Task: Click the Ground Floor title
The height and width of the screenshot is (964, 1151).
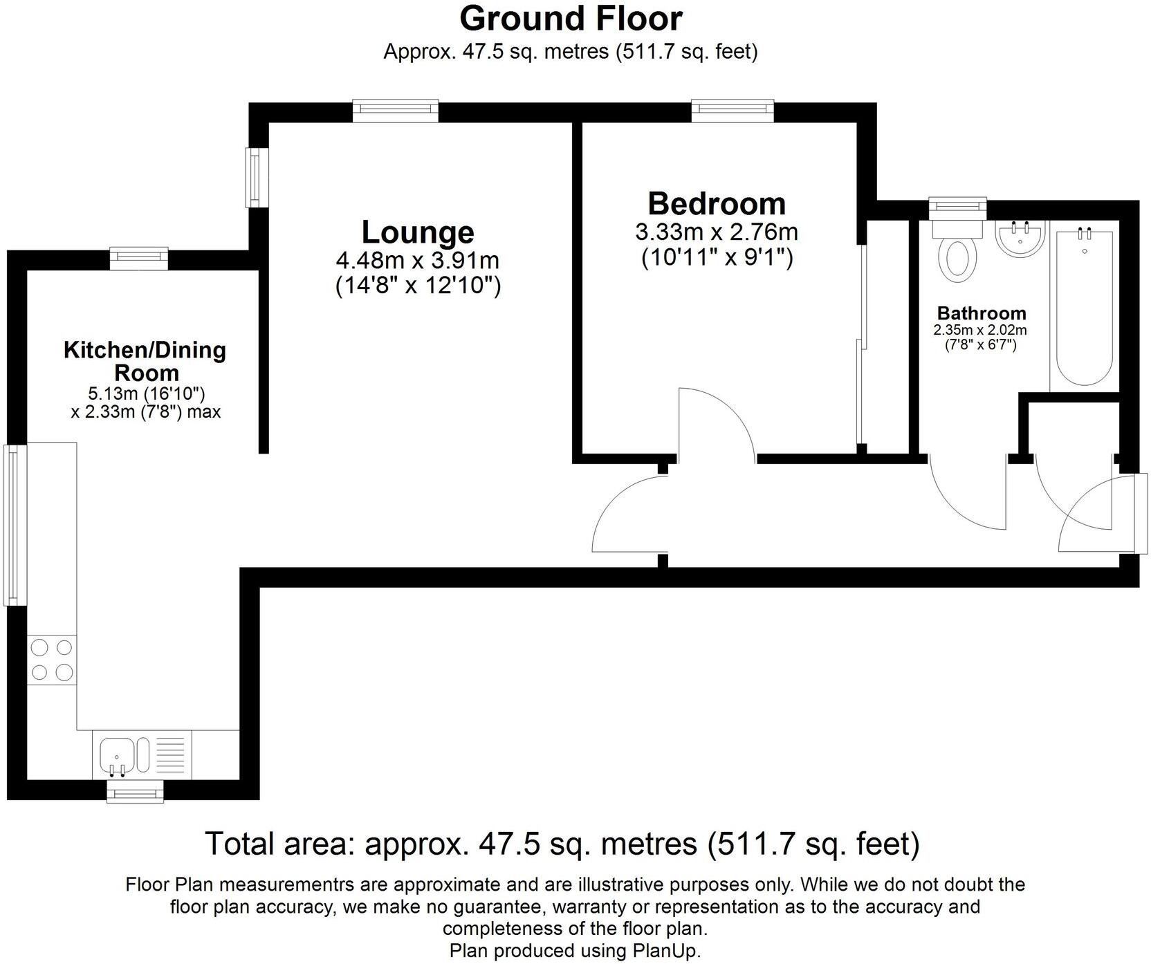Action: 571,19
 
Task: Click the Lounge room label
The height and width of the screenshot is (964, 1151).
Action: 418,232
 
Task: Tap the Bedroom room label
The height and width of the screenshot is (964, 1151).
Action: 717,204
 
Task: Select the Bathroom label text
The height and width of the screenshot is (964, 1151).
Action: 981,313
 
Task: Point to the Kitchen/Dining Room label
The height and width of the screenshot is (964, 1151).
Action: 145,361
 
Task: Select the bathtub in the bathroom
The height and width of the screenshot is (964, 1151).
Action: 1083,308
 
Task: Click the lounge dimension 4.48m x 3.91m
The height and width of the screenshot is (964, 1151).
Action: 418,261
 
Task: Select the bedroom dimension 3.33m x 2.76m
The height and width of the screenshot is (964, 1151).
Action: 717,232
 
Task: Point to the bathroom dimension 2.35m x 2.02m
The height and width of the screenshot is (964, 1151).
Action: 981,331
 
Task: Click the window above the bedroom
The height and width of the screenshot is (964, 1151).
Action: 732,110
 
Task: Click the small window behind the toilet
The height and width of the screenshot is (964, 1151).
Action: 957,205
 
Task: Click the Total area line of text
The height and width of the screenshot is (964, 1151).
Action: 562,844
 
